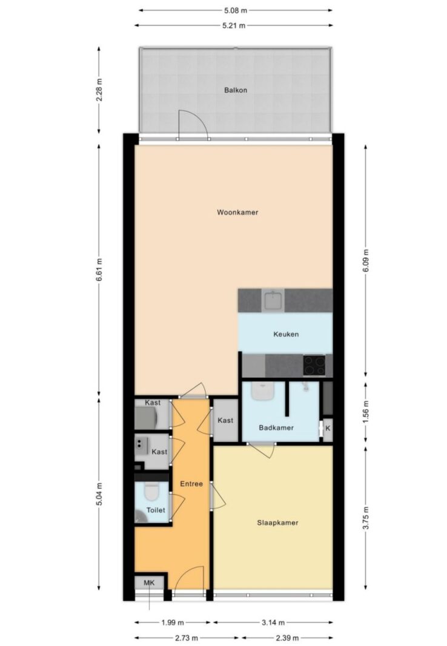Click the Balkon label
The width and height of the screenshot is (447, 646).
tap(236, 90)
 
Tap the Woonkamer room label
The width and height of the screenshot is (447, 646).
tap(237, 213)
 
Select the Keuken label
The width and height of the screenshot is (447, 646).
tap(286, 334)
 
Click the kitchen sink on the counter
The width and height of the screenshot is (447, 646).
tap(273, 300)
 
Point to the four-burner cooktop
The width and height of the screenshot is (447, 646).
tap(314, 366)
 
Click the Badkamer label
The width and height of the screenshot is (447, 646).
tap(276, 427)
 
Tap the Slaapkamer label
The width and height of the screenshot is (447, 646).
tap(277, 523)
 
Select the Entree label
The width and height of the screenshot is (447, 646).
tap(191, 484)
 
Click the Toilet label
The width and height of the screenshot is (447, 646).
tap(156, 510)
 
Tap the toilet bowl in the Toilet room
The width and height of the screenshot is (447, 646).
tap(151, 492)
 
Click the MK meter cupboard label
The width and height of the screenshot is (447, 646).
tap(149, 583)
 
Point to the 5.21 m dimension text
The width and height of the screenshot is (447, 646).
tap(234, 25)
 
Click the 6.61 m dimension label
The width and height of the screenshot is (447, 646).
tap(99, 270)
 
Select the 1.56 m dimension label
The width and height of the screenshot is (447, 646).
tap(366, 412)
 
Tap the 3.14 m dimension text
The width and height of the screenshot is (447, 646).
tap(273, 622)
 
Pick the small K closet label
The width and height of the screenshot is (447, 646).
tap(328, 429)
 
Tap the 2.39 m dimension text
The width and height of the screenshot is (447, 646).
tap(287, 638)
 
